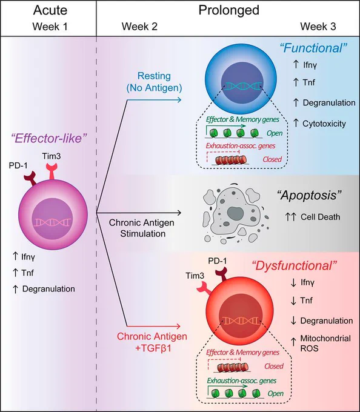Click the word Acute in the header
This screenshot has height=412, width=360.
point(50,10)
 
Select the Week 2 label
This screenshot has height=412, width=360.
point(139,27)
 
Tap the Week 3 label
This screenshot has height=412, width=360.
point(318,27)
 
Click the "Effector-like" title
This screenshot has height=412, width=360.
point(49,138)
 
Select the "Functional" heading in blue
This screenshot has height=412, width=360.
point(313,48)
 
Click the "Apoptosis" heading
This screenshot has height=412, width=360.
point(309,196)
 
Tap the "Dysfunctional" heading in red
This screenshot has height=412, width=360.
point(295,265)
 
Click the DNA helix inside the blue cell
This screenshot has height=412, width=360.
point(242,86)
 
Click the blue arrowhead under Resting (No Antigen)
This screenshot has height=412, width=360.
point(179,100)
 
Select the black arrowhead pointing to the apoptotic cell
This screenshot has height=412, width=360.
point(179,213)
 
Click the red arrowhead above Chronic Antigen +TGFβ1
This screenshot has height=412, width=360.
point(178,327)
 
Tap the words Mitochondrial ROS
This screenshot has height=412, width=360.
point(325,343)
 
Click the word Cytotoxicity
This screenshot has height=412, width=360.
point(324,124)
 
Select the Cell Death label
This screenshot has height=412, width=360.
point(321,217)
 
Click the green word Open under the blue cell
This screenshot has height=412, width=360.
point(275,133)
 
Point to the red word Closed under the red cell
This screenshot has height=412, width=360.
point(274,366)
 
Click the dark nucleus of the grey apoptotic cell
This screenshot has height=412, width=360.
point(235,213)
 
